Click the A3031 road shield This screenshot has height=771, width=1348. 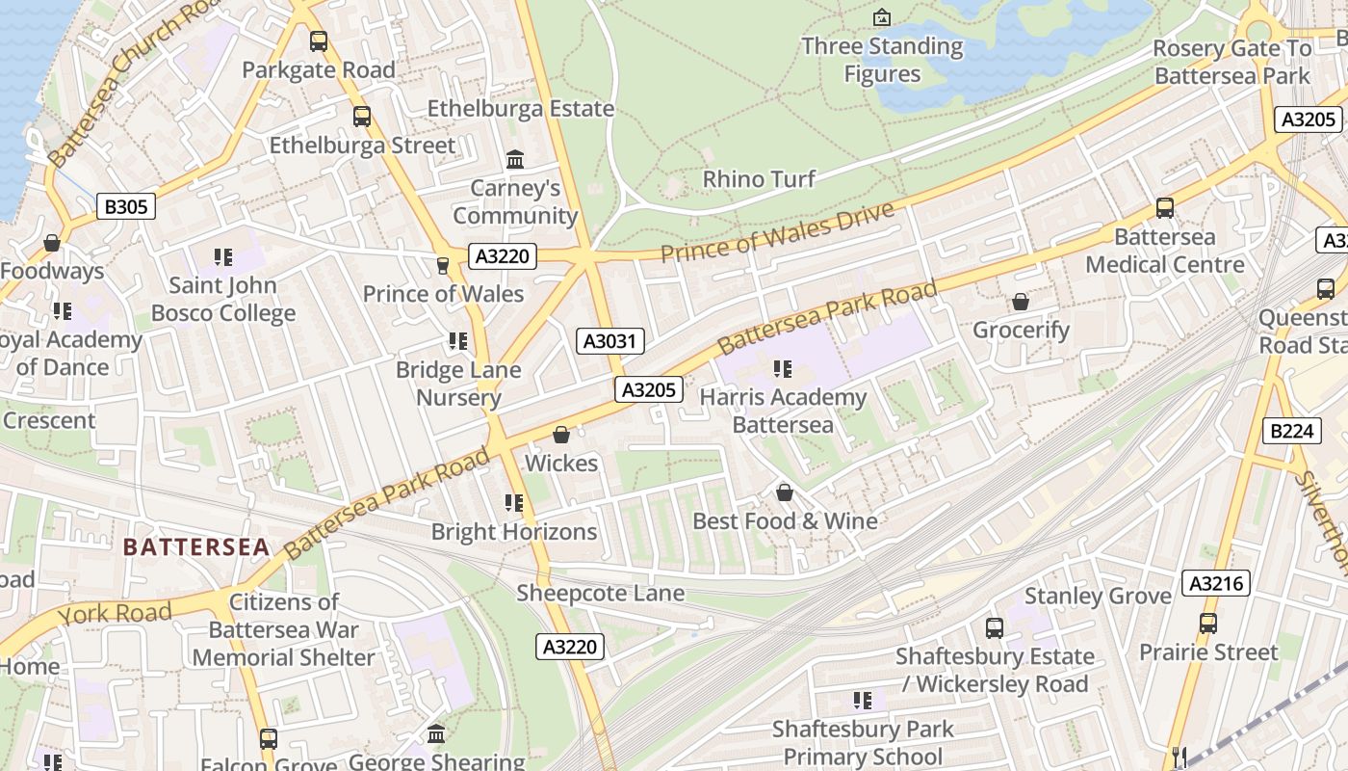610,341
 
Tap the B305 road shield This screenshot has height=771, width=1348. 126,205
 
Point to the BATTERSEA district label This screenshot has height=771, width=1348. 196,547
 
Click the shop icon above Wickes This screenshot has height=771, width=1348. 561,436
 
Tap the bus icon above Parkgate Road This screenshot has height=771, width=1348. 319,41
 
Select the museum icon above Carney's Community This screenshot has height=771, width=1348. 515,159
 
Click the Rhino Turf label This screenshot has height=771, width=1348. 759,179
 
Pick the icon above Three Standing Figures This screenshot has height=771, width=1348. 881,17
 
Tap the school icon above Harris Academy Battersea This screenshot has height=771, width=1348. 783,369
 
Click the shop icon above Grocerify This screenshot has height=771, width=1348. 1021,303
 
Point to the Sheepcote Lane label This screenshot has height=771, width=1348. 601,593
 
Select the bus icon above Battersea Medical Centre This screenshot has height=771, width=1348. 1165,208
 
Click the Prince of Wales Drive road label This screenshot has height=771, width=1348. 777,232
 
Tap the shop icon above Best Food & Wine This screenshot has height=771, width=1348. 785,493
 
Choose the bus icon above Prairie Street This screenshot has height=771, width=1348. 1208,624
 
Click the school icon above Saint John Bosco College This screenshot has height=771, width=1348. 223,257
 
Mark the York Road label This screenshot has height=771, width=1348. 115,613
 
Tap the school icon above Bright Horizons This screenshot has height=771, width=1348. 514,503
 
